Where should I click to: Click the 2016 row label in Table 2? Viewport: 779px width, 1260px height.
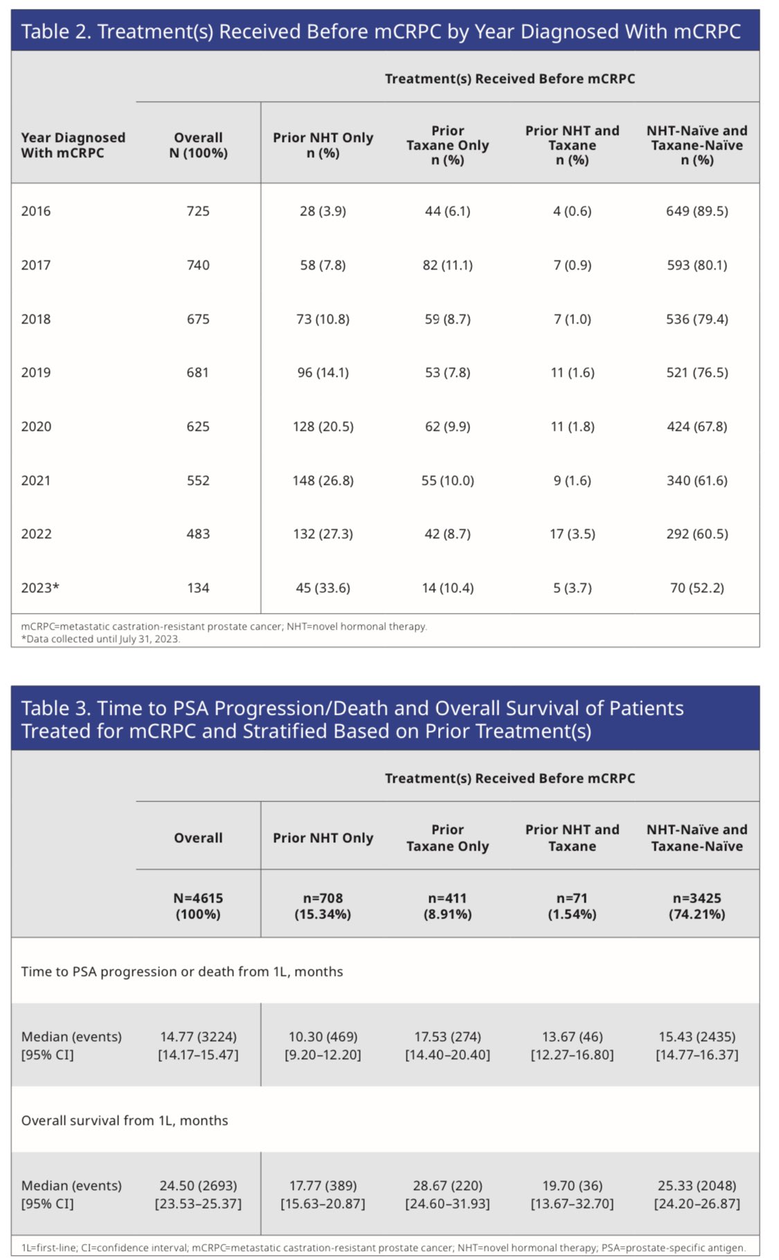click(36, 211)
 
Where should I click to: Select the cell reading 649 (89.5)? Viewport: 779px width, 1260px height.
click(697, 211)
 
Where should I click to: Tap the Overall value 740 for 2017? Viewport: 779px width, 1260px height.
click(198, 265)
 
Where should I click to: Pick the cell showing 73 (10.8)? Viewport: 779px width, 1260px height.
click(323, 319)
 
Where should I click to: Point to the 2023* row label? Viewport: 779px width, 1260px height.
click(40, 588)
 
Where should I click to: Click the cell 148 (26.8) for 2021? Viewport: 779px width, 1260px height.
click(323, 481)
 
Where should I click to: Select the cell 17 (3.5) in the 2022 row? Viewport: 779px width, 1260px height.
click(572, 534)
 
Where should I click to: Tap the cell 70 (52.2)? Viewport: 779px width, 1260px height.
click(697, 588)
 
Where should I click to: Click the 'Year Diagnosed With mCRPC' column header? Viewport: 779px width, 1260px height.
click(73, 145)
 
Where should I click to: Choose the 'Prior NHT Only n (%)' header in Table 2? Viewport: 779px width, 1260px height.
click(323, 145)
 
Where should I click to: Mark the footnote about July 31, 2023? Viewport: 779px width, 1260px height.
click(100, 639)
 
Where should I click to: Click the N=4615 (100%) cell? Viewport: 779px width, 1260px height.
click(198, 906)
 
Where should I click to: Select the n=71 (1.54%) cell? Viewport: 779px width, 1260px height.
click(572, 906)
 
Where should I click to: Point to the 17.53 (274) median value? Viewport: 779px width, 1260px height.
click(447, 1037)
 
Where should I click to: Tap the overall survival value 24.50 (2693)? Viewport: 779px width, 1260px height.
click(198, 1186)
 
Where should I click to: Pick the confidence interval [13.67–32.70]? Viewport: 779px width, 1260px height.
click(572, 1204)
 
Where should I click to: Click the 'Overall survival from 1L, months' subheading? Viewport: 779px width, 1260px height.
click(125, 1121)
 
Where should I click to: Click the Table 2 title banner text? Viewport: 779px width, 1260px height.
click(381, 32)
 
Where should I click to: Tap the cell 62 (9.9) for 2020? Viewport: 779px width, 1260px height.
click(447, 427)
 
